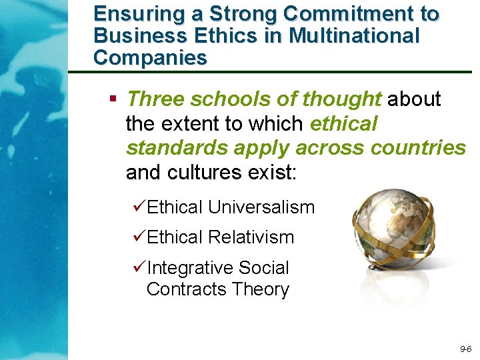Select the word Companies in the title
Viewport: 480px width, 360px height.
[150, 58]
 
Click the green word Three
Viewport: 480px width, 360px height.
[155, 99]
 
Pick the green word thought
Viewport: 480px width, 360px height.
[341, 99]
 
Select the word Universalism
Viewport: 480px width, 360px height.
[261, 207]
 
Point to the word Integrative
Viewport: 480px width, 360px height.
[189, 268]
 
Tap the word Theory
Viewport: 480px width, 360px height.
[261, 289]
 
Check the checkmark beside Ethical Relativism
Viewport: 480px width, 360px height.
[139, 237]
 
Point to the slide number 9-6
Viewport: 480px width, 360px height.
[465, 349]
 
